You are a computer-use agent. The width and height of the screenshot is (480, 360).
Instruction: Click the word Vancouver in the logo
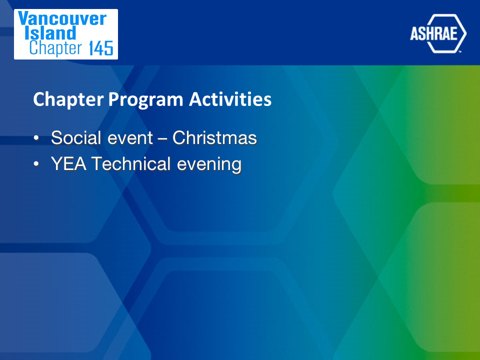62,18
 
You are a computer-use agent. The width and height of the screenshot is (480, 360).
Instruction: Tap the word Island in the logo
50,33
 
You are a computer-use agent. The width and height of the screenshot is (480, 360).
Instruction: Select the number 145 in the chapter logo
101,48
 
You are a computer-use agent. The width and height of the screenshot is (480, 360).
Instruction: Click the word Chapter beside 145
55,48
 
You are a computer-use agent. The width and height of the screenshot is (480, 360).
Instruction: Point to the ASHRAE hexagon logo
438,33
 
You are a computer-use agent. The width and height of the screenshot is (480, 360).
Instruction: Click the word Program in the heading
145,100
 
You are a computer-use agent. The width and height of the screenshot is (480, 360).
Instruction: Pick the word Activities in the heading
230,99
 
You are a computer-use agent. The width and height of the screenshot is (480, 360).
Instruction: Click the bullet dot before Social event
36,138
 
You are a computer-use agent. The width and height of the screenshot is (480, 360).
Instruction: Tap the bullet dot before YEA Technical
36,164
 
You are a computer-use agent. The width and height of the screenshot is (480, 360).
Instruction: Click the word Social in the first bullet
76,138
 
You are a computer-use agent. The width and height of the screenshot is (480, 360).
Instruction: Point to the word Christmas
214,138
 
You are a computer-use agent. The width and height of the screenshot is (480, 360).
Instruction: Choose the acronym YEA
68,164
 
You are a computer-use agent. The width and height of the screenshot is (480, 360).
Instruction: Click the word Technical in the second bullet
130,164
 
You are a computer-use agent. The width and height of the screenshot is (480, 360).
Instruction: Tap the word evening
209,164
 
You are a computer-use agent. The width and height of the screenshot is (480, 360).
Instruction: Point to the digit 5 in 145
108,48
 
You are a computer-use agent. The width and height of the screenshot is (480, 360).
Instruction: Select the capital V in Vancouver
23,18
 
